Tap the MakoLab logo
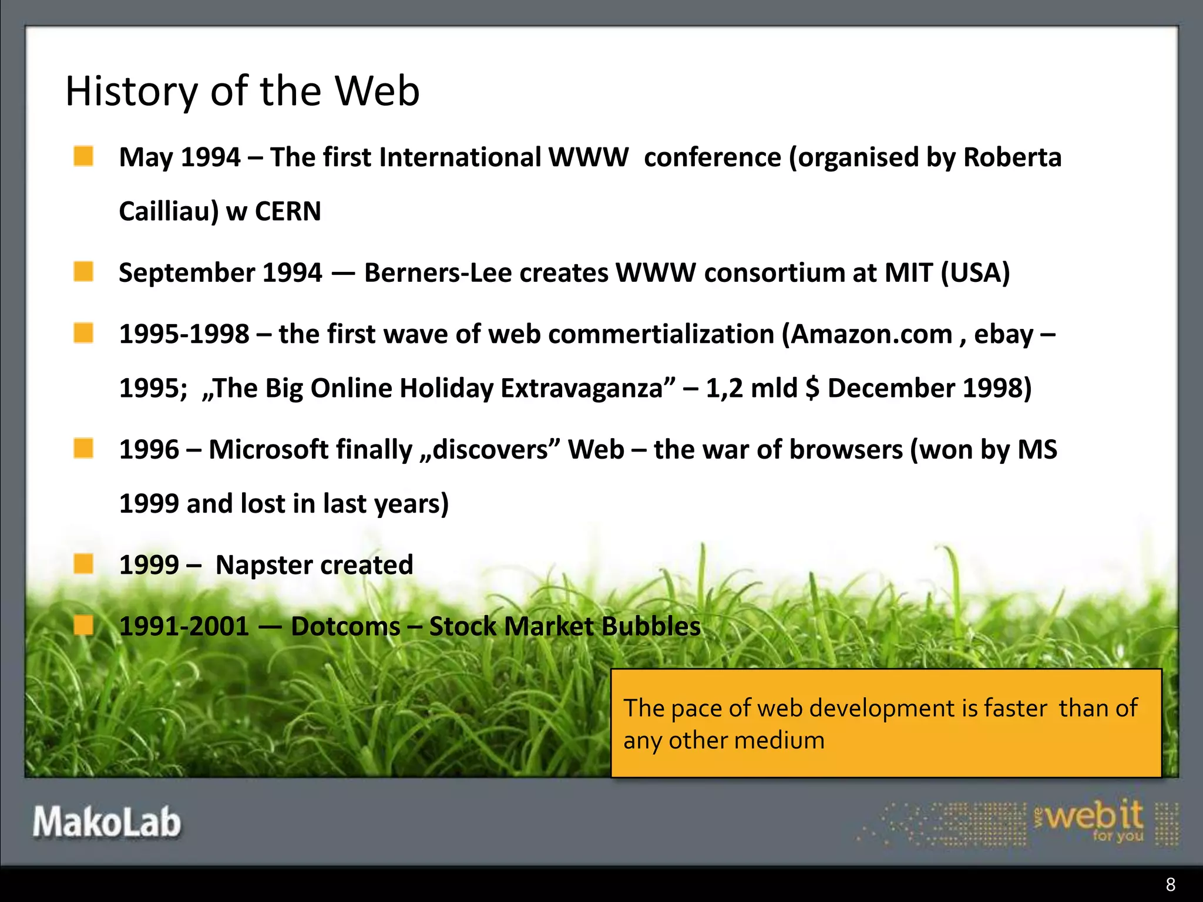[x=107, y=822]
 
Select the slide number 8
[x=1170, y=884]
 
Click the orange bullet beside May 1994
[x=83, y=156]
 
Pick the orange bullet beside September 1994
[x=83, y=272]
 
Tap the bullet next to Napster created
[x=83, y=564]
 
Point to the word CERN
[x=288, y=211]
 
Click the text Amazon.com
[x=872, y=334]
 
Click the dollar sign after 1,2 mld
[x=812, y=388]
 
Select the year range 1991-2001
[x=184, y=626]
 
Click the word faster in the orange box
[x=1016, y=708]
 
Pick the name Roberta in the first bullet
[x=1013, y=157]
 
